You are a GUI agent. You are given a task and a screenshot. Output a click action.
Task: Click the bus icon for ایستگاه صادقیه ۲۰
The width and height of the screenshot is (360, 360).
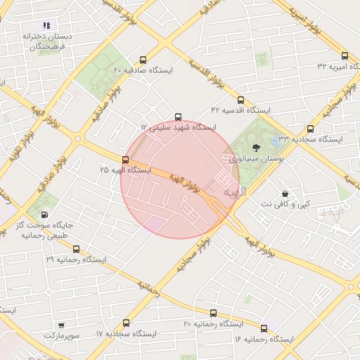pyautogui.click(x=144, y=60)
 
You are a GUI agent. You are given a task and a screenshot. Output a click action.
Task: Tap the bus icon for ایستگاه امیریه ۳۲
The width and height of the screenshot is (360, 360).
pyautogui.click(x=345, y=56)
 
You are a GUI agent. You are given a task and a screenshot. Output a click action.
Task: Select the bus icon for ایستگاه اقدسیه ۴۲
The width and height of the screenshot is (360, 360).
pyautogui.click(x=241, y=101)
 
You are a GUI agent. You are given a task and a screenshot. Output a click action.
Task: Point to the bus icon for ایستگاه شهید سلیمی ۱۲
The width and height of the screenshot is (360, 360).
pyautogui.click(x=178, y=117)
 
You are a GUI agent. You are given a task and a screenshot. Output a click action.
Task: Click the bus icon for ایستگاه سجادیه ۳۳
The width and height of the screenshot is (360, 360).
pyautogui.click(x=310, y=129)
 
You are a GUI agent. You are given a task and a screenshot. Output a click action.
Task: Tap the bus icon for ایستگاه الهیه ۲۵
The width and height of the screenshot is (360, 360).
pyautogui.click(x=126, y=160)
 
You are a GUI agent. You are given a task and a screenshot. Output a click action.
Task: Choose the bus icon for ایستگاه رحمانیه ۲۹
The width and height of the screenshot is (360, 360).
pyautogui.click(x=76, y=249)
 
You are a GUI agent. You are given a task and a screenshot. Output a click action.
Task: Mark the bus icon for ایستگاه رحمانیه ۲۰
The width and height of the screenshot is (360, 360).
pyautogui.click(x=213, y=313)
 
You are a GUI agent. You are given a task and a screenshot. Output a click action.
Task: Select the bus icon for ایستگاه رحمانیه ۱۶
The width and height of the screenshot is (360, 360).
pyautogui.click(x=264, y=328)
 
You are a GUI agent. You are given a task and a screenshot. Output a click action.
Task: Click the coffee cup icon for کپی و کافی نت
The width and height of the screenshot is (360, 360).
pyautogui.click(x=285, y=193)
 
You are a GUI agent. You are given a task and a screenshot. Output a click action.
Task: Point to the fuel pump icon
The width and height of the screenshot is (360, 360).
pyautogui.click(x=45, y=215)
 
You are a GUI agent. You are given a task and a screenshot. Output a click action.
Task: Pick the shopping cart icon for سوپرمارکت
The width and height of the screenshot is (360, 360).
pyautogui.click(x=62, y=325)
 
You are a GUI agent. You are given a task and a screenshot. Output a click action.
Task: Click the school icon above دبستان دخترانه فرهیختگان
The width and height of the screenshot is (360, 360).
pyautogui.click(x=46, y=25)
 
